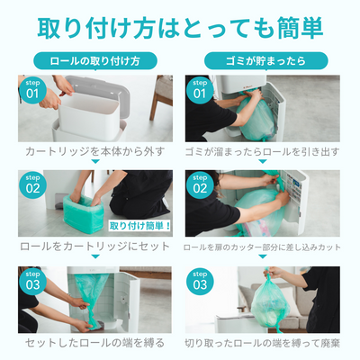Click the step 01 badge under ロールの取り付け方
click(x=32, y=89)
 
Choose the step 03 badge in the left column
click(x=32, y=281)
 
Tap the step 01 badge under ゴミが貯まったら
click(x=200, y=89)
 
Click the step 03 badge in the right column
click(x=200, y=281)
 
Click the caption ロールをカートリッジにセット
click(x=90, y=246)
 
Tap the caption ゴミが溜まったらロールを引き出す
click(x=263, y=150)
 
